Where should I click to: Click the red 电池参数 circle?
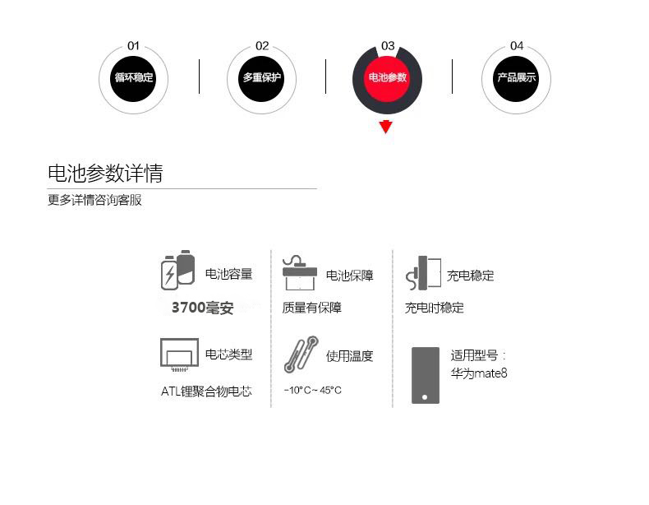tap(387, 78)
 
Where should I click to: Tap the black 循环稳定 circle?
tap(133, 78)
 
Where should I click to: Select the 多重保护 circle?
tap(261, 78)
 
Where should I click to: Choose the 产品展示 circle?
tap(516, 78)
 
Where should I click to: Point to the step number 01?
tap(133, 46)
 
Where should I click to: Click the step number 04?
tap(517, 46)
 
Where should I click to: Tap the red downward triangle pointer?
tap(386, 127)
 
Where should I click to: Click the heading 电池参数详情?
tap(105, 174)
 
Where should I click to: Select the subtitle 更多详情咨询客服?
tap(94, 200)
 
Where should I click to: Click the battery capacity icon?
tap(177, 270)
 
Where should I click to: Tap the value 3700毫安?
tap(202, 308)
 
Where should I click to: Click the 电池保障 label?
tap(349, 276)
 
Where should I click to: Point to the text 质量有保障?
tap(311, 308)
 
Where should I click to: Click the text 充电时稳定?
tap(434, 308)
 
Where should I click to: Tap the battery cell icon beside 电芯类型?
tap(179, 354)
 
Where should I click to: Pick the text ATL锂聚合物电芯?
tap(206, 391)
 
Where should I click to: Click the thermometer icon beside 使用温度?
tap(301, 354)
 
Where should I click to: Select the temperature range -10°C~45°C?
tap(312, 390)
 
